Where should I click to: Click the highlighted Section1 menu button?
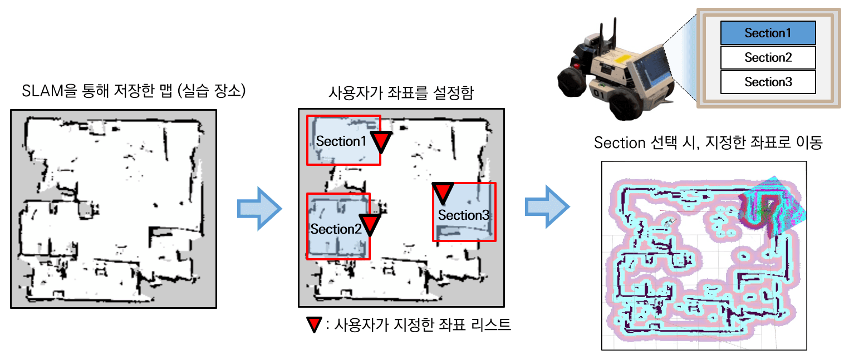point(768,33)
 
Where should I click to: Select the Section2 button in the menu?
point(768,57)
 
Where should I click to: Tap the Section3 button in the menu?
point(768,82)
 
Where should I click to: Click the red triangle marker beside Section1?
point(381,141)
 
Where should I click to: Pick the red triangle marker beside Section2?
point(369,224)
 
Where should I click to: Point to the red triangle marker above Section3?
point(443,191)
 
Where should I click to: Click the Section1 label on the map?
point(341,141)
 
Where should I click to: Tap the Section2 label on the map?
point(336,229)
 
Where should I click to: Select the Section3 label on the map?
point(463,215)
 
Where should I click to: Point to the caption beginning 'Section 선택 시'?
point(708,143)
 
